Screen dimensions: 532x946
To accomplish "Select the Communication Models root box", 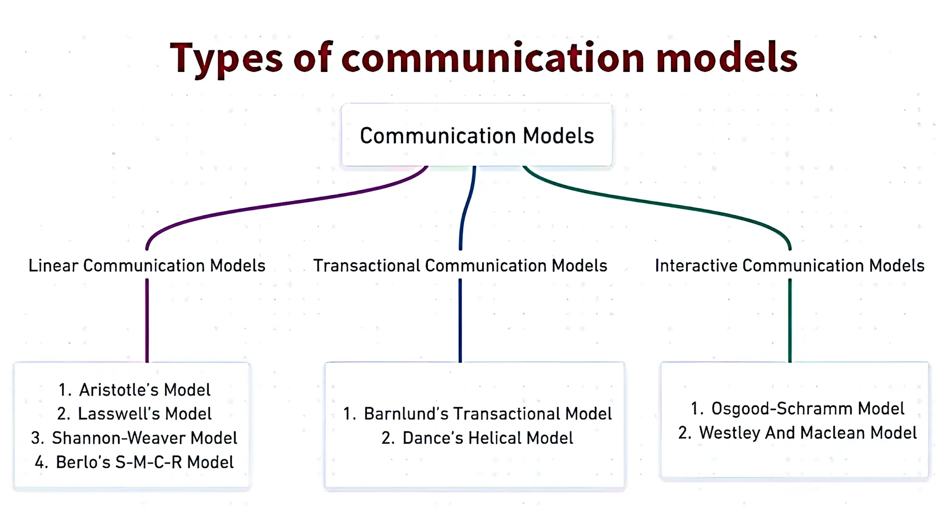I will click(477, 135).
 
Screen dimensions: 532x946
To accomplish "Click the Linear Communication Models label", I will click(147, 266).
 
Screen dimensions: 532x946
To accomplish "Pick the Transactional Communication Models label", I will click(460, 266).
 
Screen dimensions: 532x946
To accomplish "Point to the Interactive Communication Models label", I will click(789, 266).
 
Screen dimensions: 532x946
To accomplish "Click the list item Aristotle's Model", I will click(134, 390).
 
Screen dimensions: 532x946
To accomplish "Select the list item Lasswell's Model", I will click(134, 414).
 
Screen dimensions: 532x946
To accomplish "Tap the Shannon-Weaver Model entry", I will click(134, 438).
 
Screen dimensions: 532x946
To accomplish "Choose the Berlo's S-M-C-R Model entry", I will click(134, 462).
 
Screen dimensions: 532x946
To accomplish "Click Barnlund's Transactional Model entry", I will click(477, 414).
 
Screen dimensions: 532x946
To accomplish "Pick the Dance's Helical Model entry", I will click(477, 438).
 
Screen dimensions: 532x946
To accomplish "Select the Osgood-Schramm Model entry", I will click(797, 409).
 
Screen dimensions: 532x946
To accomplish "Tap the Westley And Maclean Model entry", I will click(797, 433).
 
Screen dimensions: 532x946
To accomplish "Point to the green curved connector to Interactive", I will click(656, 203).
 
